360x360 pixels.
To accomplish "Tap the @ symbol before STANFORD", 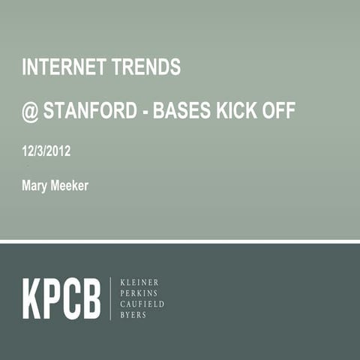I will click(x=29, y=112).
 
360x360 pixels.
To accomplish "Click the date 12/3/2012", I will click(x=46, y=151).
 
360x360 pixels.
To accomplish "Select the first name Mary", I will click(x=35, y=185).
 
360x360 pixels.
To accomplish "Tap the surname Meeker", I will click(x=70, y=185).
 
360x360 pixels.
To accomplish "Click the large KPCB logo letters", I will click(x=61, y=298).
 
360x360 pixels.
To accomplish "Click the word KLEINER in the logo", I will click(x=139, y=282).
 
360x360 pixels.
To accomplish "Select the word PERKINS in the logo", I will click(x=139, y=293).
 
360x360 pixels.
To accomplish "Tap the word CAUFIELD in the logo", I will click(x=142, y=304).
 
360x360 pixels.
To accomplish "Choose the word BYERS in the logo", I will click(x=134, y=316).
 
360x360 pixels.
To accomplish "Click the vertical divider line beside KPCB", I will click(x=111, y=298).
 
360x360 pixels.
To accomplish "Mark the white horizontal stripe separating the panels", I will click(x=180, y=241).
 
